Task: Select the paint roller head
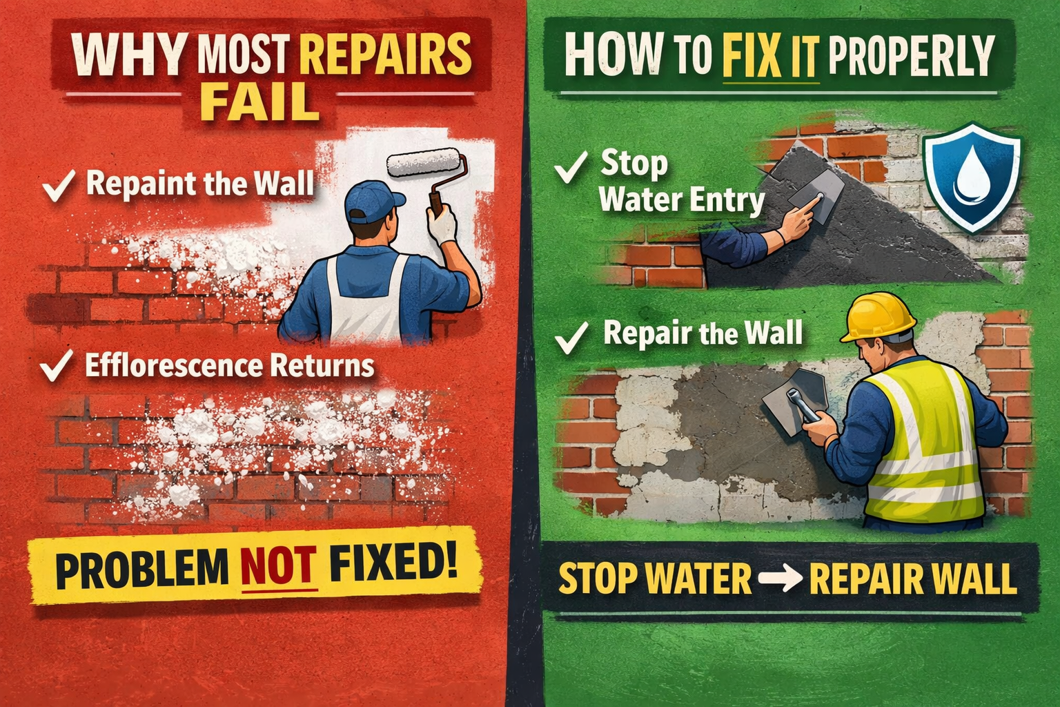click(x=424, y=163)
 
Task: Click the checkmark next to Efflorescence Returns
click(x=57, y=365)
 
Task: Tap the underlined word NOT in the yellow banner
click(x=278, y=568)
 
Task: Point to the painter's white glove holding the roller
click(x=442, y=222)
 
